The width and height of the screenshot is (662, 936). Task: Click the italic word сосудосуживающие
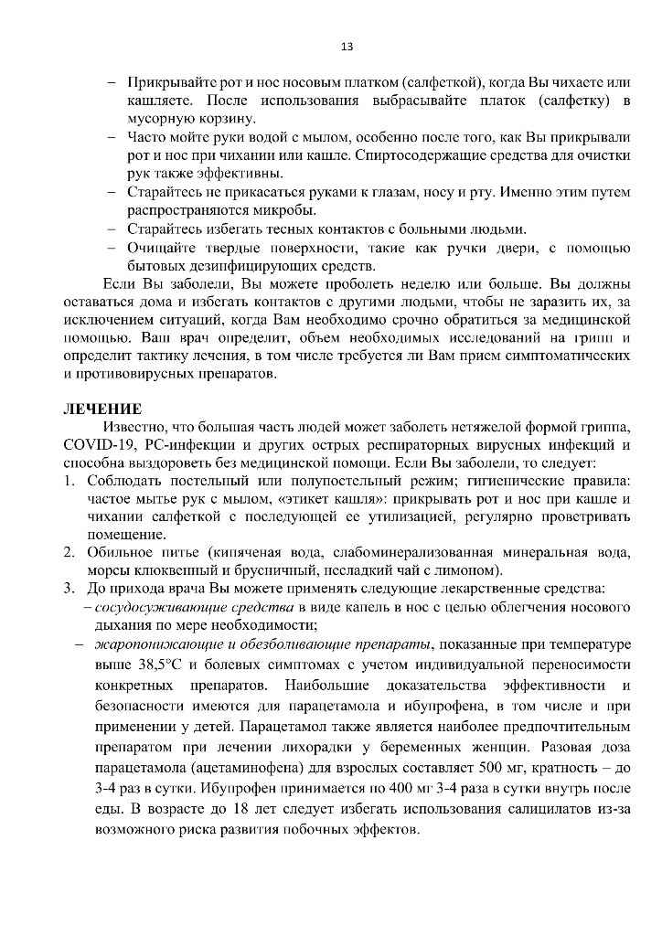150,607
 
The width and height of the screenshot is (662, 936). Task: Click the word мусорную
160,118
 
